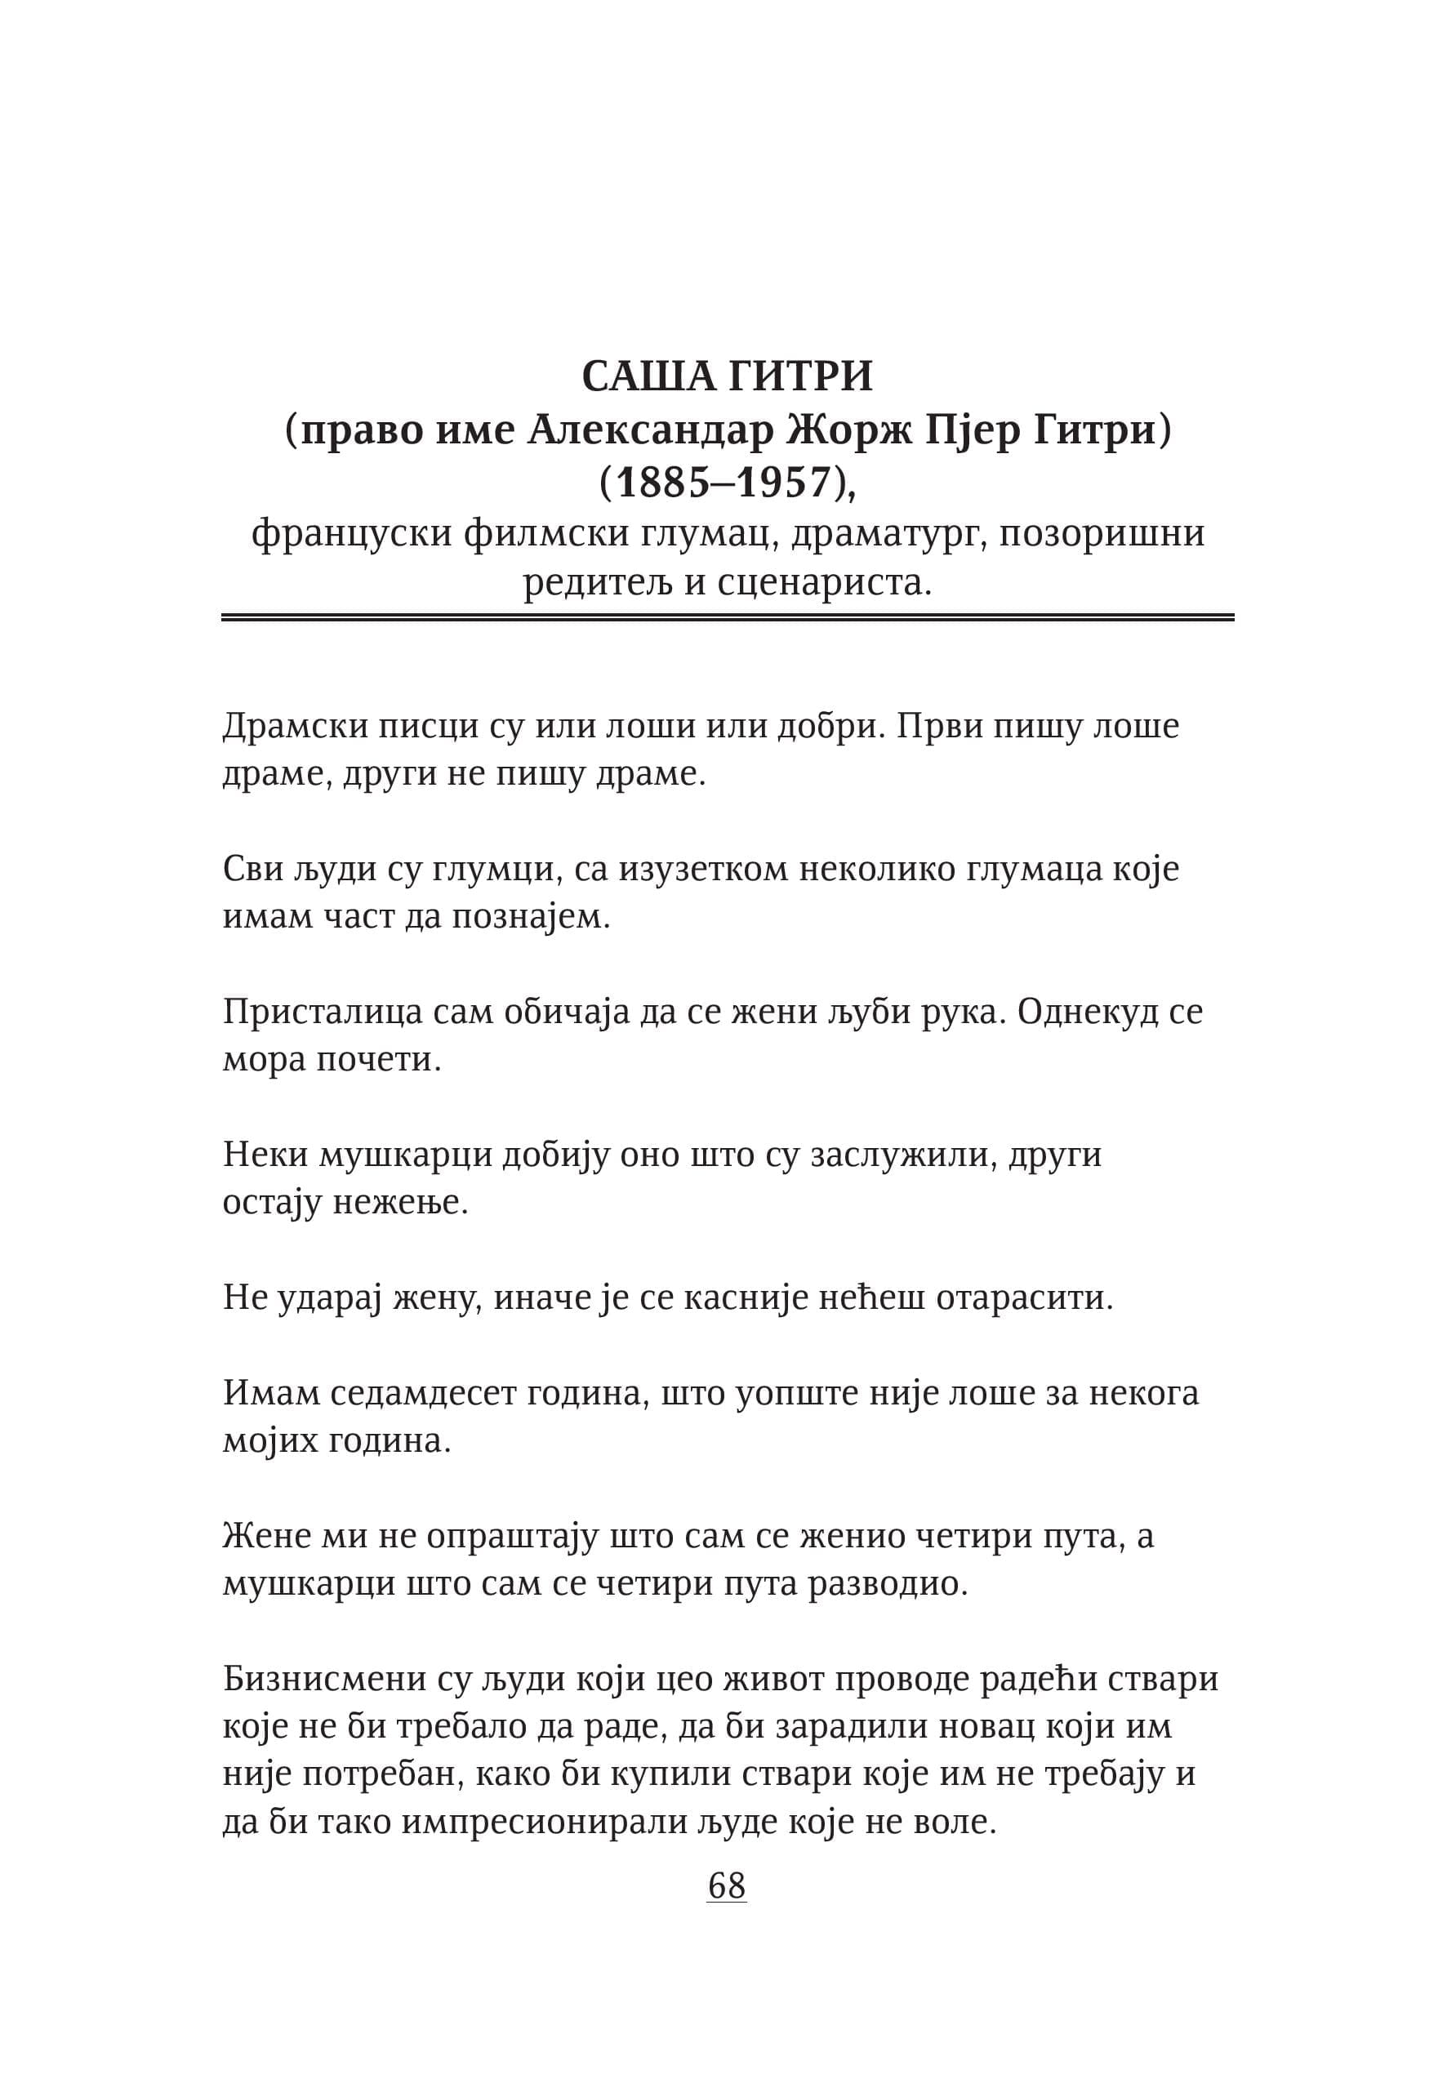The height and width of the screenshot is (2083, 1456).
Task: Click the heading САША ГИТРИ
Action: point(727,376)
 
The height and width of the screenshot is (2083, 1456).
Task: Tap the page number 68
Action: point(727,1886)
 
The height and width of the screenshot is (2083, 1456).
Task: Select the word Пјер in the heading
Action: point(972,430)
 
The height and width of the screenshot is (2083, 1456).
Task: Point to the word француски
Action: point(351,532)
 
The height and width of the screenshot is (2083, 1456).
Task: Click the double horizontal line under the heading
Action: point(728,618)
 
